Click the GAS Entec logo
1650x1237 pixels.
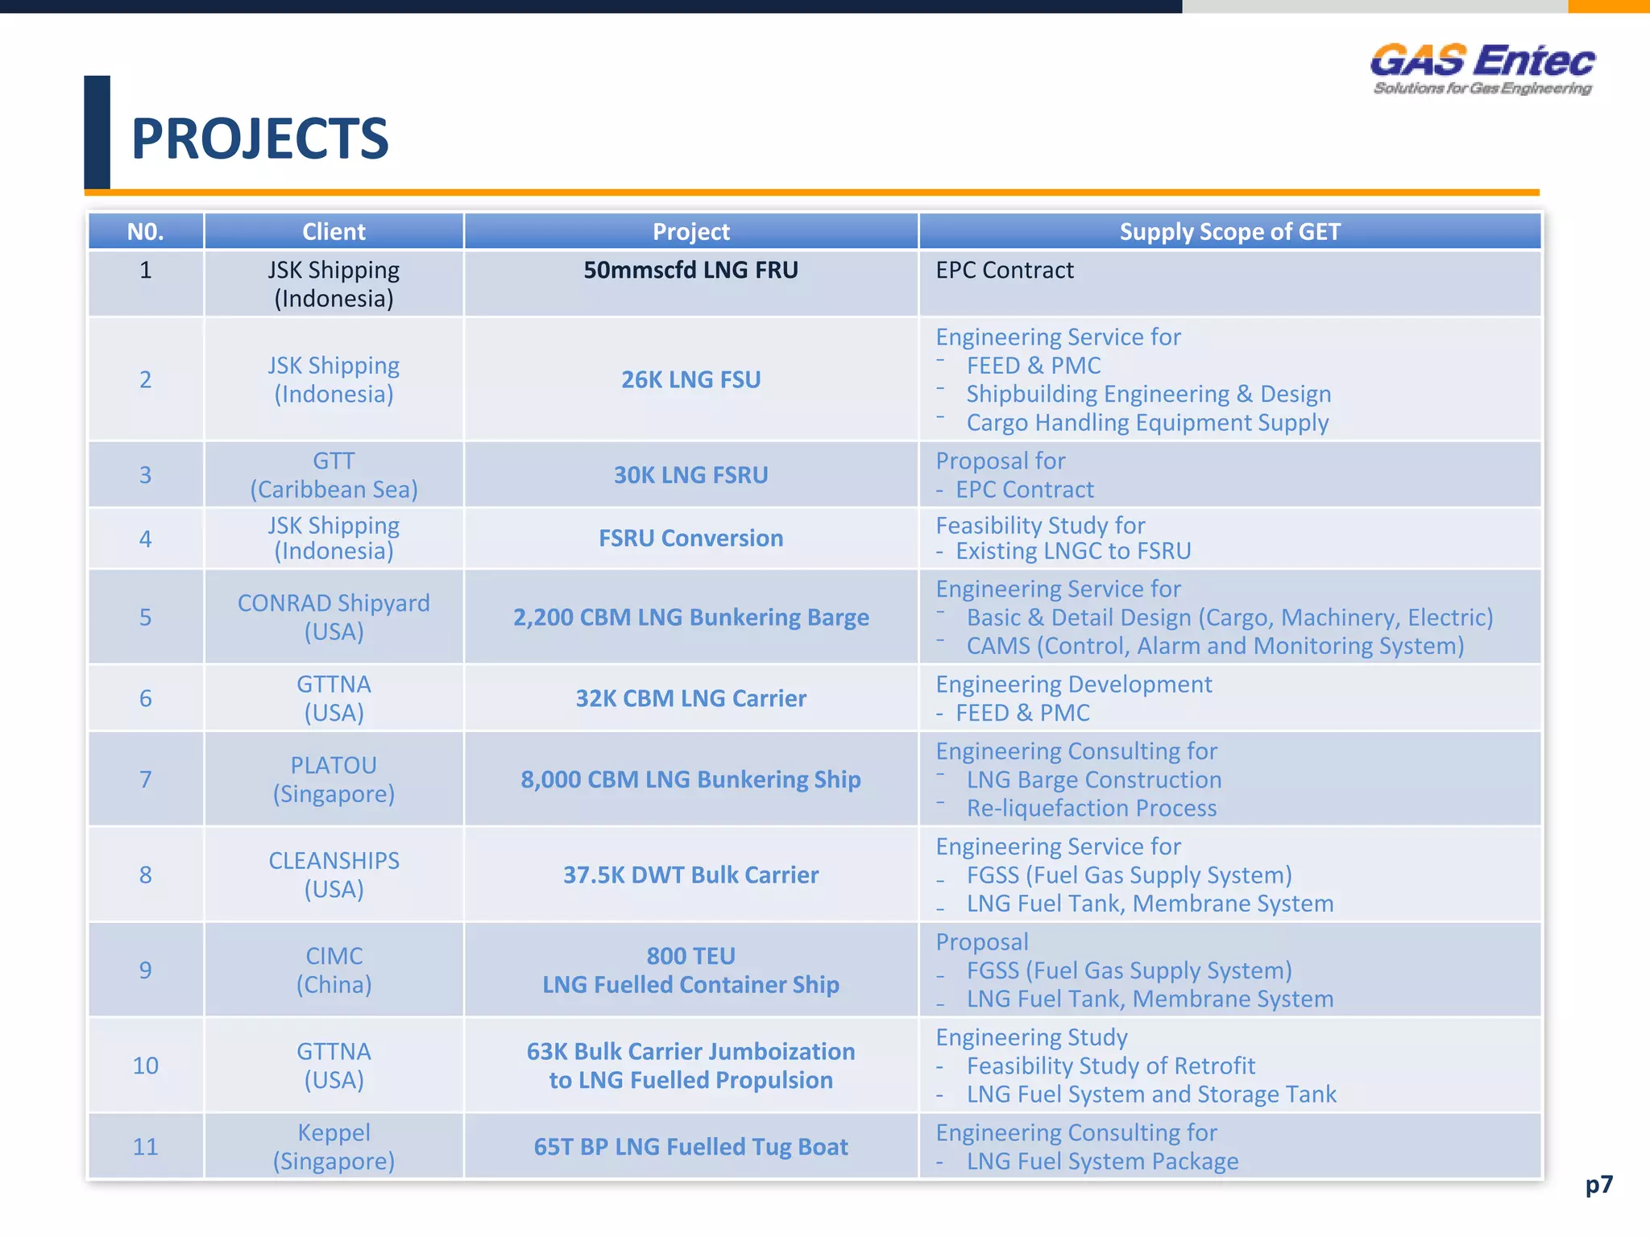[1482, 69]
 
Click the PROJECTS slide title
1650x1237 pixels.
[259, 139]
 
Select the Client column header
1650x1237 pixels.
[334, 232]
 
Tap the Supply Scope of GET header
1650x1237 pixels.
[1229, 232]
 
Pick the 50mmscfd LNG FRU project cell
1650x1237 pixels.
[690, 271]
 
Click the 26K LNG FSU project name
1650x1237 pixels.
[690, 379]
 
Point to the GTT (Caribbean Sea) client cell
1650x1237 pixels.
[334, 475]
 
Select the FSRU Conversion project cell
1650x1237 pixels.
[690, 538]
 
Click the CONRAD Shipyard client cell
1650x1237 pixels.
[334, 617]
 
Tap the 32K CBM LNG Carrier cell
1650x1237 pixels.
[690, 698]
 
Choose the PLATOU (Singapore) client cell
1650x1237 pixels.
[334, 780]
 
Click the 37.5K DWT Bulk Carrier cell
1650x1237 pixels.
[690, 875]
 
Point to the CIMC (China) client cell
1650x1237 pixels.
[334, 970]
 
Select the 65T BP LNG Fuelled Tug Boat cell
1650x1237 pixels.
[690, 1147]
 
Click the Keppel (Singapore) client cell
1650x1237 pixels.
[334, 1147]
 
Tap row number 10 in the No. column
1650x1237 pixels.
[145, 1065]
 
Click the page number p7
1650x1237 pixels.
[1598, 1185]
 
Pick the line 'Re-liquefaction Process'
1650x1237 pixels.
[1091, 809]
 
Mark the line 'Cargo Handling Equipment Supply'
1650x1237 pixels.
[1147, 423]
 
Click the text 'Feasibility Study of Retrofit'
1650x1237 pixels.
[1110, 1066]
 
